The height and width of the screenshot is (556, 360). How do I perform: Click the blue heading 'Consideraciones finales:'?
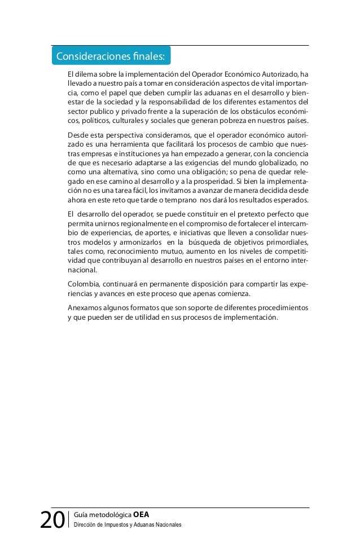point(110,56)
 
